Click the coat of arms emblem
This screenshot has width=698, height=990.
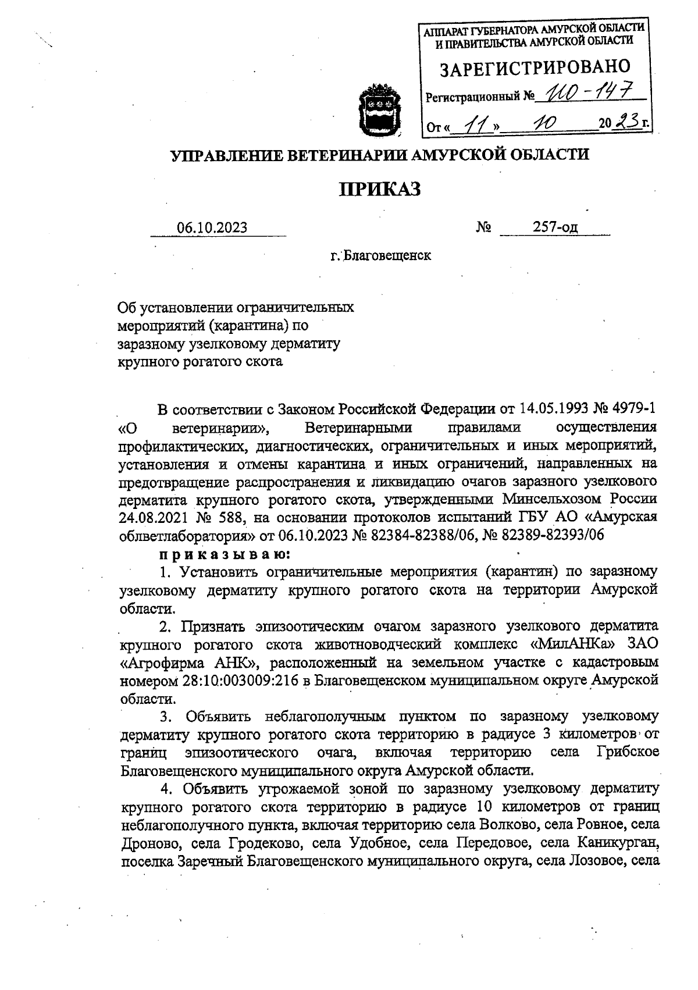[378, 111]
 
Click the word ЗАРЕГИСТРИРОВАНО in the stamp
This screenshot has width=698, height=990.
[535, 69]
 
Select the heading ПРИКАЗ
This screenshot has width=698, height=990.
[379, 189]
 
